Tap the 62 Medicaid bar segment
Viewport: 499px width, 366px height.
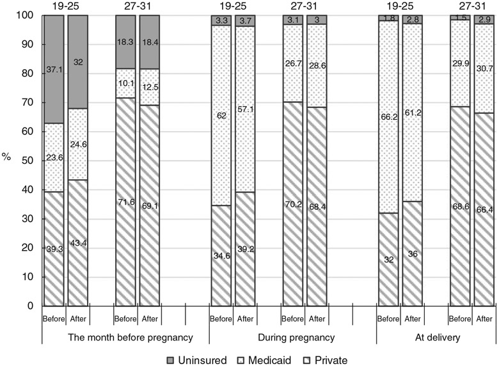(221, 116)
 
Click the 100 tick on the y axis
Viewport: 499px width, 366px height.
(26, 15)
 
